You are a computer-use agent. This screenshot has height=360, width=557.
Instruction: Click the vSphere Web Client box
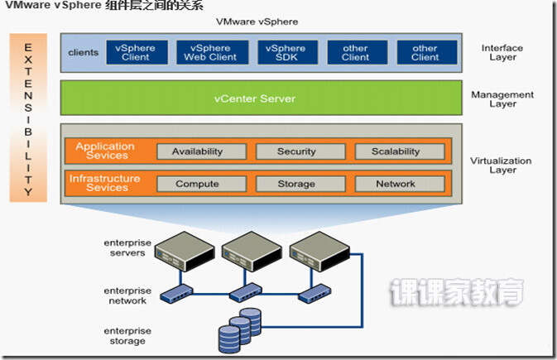[x=211, y=53]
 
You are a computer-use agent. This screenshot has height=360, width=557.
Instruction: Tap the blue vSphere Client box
[x=136, y=53]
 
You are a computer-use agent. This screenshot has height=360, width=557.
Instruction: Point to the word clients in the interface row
[x=83, y=53]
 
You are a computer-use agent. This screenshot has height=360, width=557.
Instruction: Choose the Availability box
[x=197, y=151]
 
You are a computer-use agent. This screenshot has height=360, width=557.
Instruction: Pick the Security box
[x=296, y=151]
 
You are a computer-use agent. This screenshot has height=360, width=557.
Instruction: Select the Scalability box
[x=396, y=151]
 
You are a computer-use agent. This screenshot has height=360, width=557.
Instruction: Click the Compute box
[x=197, y=184]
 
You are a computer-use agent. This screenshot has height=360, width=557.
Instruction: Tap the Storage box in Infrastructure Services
[x=296, y=184]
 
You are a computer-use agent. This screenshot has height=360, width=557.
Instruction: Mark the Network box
[x=396, y=184]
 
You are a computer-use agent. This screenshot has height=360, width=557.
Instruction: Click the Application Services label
[x=105, y=151]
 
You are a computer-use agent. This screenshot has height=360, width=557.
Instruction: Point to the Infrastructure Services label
[x=105, y=183]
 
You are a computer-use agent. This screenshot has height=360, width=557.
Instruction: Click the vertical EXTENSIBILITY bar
[x=29, y=118]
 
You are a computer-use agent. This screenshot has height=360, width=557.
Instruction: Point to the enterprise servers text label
[x=127, y=247]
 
